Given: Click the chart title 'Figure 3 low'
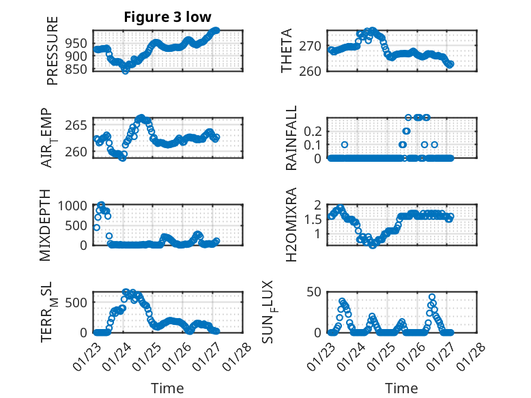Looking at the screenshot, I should (167, 17).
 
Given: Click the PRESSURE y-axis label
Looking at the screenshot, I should (53, 51).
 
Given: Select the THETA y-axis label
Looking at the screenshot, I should (287, 51).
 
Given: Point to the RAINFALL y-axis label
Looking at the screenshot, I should (291, 138).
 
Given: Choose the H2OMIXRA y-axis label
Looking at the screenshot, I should (291, 224).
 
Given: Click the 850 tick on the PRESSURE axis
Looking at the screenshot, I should (77, 69).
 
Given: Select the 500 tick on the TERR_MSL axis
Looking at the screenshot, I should (77, 302).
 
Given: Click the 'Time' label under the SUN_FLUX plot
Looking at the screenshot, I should (401, 388).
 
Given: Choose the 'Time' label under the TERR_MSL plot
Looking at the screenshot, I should (167, 388).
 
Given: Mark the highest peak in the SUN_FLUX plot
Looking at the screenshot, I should (432, 297).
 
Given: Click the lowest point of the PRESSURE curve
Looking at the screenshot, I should (125, 70).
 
